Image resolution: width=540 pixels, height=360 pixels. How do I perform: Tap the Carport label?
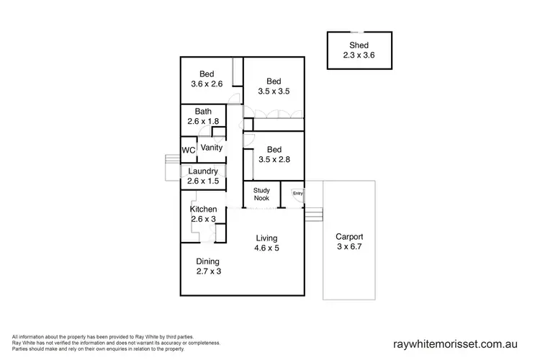click(349, 236)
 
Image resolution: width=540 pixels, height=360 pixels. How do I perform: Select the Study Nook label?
click(261, 195)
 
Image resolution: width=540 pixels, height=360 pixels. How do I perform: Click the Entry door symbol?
click(297, 193)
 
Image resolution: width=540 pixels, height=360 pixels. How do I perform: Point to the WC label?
click(188, 150)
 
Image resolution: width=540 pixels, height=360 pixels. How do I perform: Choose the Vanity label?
click(212, 147)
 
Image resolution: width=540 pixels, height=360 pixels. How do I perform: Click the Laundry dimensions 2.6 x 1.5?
click(202, 181)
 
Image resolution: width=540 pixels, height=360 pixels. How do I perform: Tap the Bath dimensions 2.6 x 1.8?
click(202, 121)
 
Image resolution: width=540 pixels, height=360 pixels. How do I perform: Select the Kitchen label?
click(203, 209)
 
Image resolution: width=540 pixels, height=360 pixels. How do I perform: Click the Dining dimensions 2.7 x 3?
click(207, 271)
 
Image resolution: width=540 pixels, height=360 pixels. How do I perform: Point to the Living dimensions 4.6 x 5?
click(266, 248)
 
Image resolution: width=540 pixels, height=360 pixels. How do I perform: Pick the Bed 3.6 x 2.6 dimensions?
click(207, 84)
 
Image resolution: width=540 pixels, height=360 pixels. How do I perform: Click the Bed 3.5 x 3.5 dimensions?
click(273, 91)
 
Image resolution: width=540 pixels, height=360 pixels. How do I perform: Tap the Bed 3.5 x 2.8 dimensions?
click(273, 160)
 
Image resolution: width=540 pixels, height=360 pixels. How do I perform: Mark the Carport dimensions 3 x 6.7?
click(349, 247)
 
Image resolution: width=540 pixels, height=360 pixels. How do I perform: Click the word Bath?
click(203, 111)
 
